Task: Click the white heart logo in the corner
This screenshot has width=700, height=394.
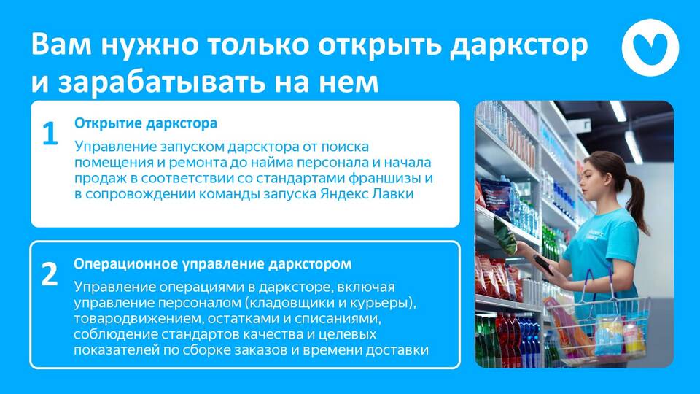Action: pyautogui.click(x=650, y=47)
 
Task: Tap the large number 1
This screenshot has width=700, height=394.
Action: pyautogui.click(x=50, y=133)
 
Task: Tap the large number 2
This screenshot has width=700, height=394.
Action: pyautogui.click(x=50, y=274)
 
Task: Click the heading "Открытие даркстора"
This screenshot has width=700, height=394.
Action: pyautogui.click(x=146, y=123)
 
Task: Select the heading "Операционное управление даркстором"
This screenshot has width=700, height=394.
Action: pyautogui.click(x=212, y=264)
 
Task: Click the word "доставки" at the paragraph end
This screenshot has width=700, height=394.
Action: pyautogui.click(x=397, y=349)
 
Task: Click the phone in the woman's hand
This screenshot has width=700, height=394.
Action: pyautogui.click(x=542, y=264)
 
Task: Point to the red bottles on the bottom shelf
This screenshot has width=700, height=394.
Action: pyautogui.click(x=506, y=339)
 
